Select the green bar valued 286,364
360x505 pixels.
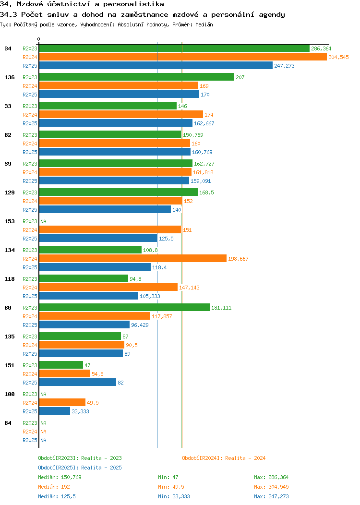174,48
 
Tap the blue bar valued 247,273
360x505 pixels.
156,66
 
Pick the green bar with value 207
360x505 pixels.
136,77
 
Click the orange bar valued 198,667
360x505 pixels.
132,259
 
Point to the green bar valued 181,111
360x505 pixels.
124,308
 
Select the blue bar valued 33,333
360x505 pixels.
55,411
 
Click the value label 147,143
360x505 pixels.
189,288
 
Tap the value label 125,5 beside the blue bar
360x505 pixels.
167,239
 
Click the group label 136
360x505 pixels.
9,77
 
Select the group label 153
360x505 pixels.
9,221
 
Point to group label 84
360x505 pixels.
8,423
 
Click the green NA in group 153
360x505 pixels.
43,221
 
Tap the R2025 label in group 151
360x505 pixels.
30,383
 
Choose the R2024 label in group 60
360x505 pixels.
30,316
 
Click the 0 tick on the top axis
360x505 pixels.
39,39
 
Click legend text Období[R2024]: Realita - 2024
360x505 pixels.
224,458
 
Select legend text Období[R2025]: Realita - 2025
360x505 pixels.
80,468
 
